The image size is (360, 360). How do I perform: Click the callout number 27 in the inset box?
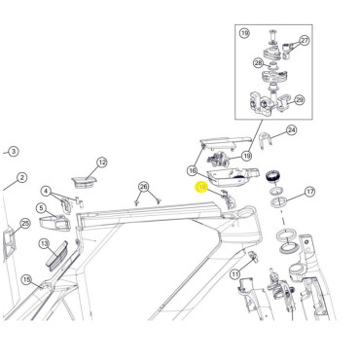click(304, 40)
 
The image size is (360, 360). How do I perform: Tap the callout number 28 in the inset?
click(260, 65)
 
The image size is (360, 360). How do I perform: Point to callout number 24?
click(291, 129)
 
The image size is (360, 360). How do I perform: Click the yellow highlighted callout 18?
click(202, 185)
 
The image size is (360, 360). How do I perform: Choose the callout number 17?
click(310, 193)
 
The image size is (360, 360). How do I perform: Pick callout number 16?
click(193, 169)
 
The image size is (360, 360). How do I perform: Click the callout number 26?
click(144, 186)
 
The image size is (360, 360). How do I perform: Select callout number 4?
click(46, 191)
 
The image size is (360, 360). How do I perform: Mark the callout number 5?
click(42, 207)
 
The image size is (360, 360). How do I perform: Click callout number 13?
click(45, 242)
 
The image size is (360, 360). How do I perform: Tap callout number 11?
click(234, 275)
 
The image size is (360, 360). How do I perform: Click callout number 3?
click(13, 152)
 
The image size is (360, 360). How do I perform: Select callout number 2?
click(20, 179)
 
